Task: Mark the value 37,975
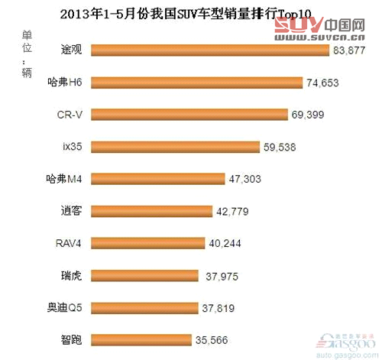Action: coord(222,275)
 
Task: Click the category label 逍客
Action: coord(72,211)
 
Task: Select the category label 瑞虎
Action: coord(72,275)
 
